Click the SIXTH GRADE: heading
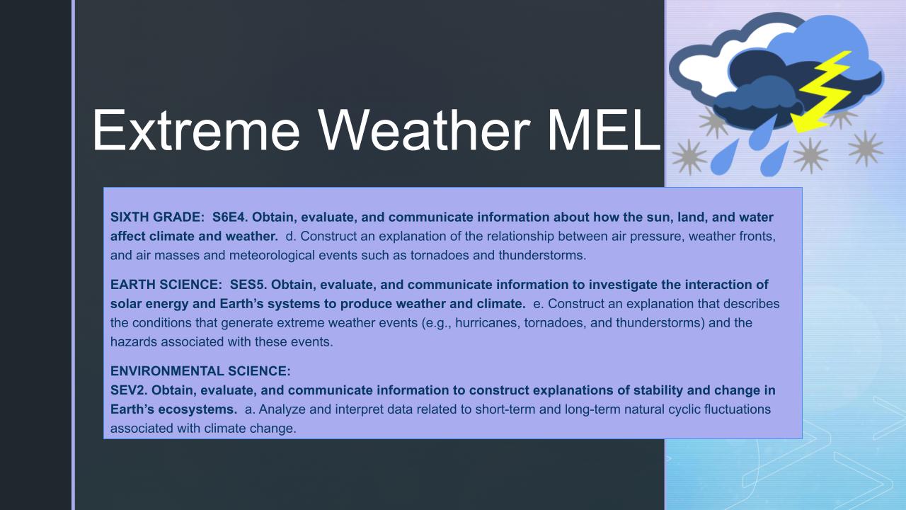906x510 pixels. [156, 217]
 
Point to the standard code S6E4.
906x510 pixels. [228, 217]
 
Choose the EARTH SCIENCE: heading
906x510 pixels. [166, 285]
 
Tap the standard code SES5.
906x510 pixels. [247, 285]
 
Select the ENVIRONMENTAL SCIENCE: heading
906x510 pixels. [200, 371]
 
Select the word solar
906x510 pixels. [125, 304]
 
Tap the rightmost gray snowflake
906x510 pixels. [865, 148]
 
